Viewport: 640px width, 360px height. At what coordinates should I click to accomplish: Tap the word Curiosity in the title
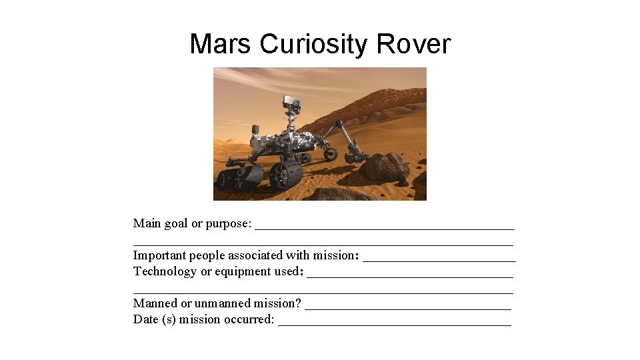[x=315, y=45]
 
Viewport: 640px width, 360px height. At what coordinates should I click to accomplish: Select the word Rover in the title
[x=413, y=45]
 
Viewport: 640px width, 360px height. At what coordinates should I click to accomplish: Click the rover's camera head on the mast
[x=291, y=103]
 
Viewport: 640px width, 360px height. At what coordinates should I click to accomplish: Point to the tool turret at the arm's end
[x=353, y=157]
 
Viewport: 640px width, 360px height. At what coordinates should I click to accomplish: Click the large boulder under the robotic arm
[x=385, y=167]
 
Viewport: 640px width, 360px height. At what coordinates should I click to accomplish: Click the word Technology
[x=165, y=271]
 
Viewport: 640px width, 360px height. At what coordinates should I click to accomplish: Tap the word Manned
[x=155, y=303]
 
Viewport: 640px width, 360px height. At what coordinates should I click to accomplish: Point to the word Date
[x=145, y=319]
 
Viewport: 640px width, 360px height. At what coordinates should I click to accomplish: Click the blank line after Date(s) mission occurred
[x=395, y=322]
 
